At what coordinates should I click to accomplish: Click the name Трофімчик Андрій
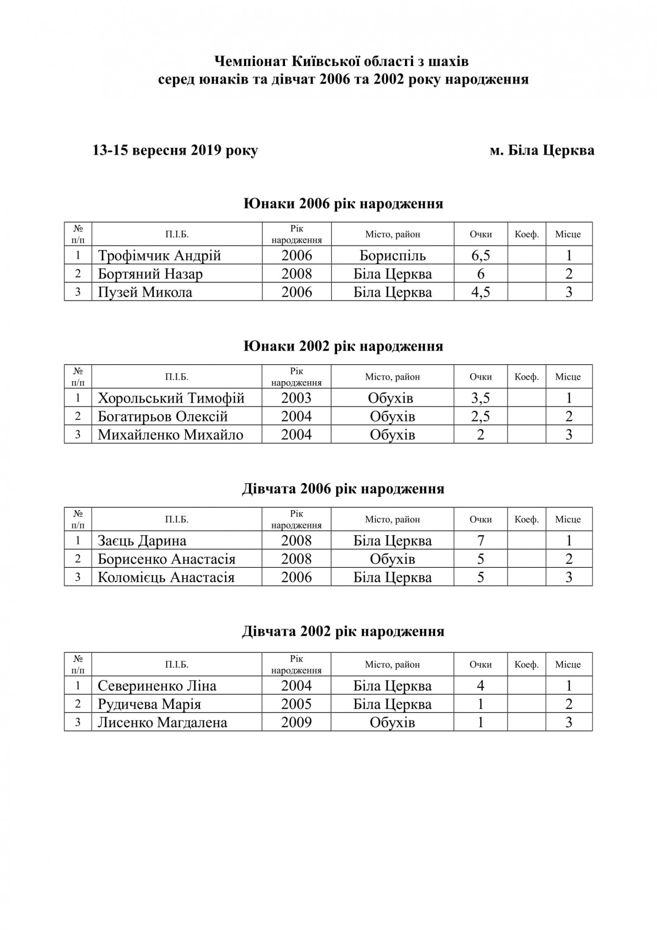click(x=159, y=255)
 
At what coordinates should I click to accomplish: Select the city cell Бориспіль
click(x=392, y=255)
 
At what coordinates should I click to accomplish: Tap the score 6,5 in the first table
click(x=480, y=255)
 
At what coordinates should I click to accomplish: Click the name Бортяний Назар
click(x=150, y=274)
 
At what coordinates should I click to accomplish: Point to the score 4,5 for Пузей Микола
click(x=480, y=292)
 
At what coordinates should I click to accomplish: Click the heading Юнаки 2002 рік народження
click(x=343, y=346)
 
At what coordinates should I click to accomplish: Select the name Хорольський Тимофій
click(x=171, y=398)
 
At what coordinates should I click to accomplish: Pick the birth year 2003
click(x=296, y=398)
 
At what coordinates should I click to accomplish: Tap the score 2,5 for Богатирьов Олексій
click(x=480, y=416)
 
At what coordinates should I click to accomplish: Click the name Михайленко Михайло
click(x=170, y=435)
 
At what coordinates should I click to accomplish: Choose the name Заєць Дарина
click(x=142, y=541)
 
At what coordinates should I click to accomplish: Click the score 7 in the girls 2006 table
click(x=480, y=541)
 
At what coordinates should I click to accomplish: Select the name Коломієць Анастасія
click(x=166, y=578)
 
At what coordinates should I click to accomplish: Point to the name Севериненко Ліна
click(x=157, y=686)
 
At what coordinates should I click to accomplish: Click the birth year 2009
click(x=296, y=723)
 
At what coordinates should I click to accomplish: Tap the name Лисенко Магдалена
click(x=162, y=723)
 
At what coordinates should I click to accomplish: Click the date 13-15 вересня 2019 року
click(x=175, y=151)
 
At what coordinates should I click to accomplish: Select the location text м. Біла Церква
click(x=542, y=151)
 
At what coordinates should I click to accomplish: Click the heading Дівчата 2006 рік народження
click(x=343, y=489)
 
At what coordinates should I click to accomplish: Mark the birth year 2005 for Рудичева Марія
click(x=296, y=704)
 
